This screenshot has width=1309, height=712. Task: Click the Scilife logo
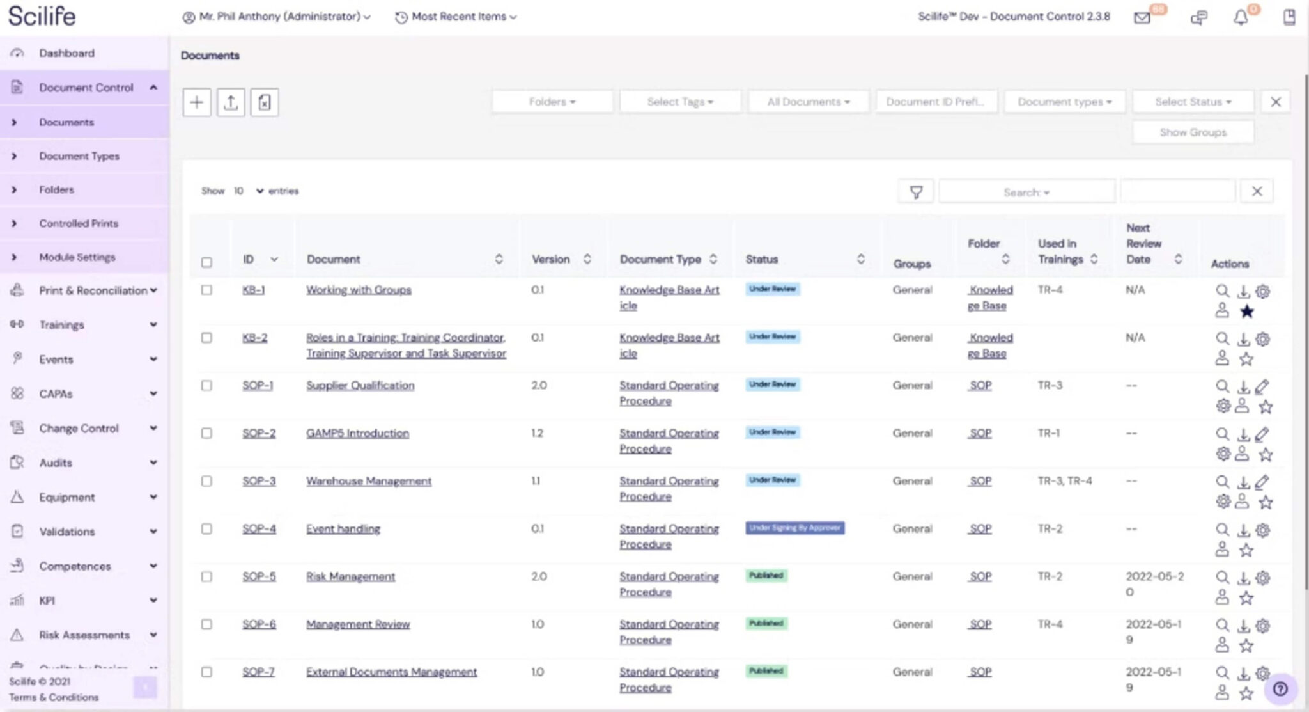coord(42,16)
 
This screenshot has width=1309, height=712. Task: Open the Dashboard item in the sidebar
coord(66,53)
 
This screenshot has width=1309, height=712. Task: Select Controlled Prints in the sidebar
coord(78,223)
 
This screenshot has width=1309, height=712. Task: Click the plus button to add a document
coord(197,102)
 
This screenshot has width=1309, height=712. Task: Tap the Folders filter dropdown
coord(552,102)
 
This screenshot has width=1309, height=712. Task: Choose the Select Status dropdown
coord(1193,102)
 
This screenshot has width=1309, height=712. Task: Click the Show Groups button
coord(1193,132)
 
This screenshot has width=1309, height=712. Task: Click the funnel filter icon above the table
coord(916,192)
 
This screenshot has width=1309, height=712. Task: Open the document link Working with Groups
coord(359,290)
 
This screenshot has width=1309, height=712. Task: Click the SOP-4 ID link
coord(259,529)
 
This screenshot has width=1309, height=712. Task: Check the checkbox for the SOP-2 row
coord(206,433)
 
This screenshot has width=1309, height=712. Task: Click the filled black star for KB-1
coord(1246,312)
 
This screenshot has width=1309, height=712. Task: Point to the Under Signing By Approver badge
coord(794,528)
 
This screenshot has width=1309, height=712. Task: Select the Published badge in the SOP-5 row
coord(766,576)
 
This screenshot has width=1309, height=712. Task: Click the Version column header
coord(551,259)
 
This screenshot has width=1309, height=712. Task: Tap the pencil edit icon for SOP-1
coord(1262,386)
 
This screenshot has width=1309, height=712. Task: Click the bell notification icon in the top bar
coord(1240,17)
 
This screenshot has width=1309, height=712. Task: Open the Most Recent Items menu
coord(458,17)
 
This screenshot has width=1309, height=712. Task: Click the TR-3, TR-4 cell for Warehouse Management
coord(1064,481)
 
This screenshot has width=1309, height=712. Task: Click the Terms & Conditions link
coord(54,697)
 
